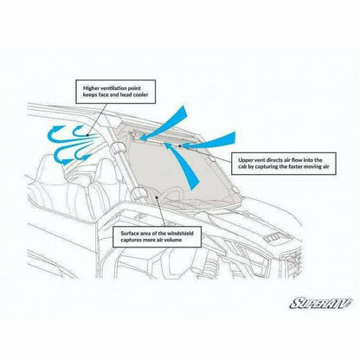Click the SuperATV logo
pyautogui.click(x=321, y=303)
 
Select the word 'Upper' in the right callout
pyautogui.click(x=245, y=160)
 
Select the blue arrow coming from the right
pyautogui.click(x=209, y=141)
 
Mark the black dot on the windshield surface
pyautogui.click(x=157, y=197)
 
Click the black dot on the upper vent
pyautogui.click(x=179, y=146)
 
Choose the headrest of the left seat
pyautogui.click(x=53, y=166)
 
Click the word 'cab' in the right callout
pyautogui.click(x=242, y=167)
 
